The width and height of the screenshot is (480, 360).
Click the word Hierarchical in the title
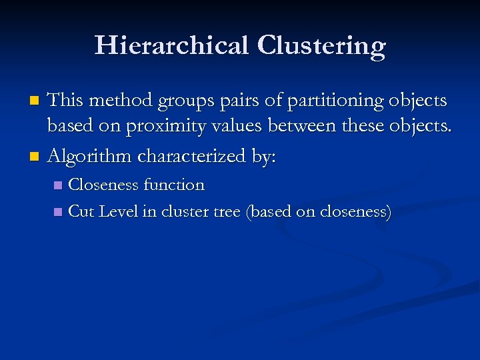point(171,46)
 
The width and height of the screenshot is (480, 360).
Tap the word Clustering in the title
point(321,46)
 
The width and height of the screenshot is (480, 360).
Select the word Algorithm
point(90,157)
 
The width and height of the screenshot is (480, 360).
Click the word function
point(173,185)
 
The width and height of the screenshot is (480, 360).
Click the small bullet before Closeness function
point(58,185)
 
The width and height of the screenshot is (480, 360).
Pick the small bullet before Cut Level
point(58,212)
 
